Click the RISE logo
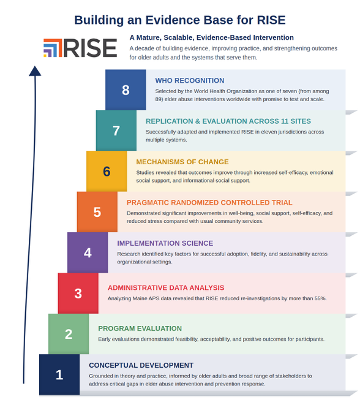pyautogui.click(x=80, y=48)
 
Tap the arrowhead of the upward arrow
pyautogui.click(x=35, y=71)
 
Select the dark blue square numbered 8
pyautogui.click(x=126, y=90)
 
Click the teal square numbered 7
pyautogui.click(x=116, y=131)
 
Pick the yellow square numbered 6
pyautogui.click(x=107, y=171)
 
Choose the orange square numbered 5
pyautogui.click(x=97, y=212)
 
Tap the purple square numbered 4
pyautogui.click(x=88, y=252)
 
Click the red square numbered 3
pyautogui.click(x=78, y=293)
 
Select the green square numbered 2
pyautogui.click(x=69, y=334)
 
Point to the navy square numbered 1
pyautogui.click(x=59, y=374)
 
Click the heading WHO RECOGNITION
pyautogui.click(x=190, y=81)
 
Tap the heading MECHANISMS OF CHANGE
pyautogui.click(x=182, y=162)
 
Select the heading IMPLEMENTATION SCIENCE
pyautogui.click(x=165, y=243)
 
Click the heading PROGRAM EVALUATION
pyautogui.click(x=140, y=328)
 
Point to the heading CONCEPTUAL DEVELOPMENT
pyautogui.click(x=141, y=365)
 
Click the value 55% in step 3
pyautogui.click(x=320, y=298)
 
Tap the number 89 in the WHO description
pyautogui.click(x=159, y=99)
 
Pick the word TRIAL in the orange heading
pyautogui.click(x=283, y=203)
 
